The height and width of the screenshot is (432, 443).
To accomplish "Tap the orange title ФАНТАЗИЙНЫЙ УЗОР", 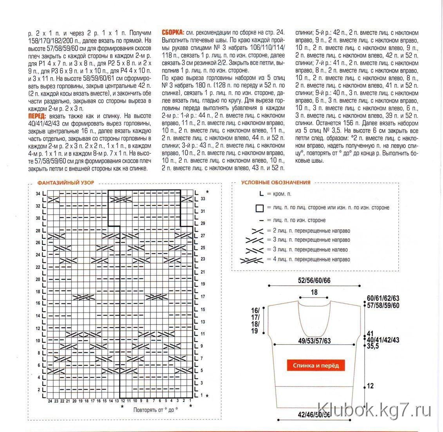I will point(65,183).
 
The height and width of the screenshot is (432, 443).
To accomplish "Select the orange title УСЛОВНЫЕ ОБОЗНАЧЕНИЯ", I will point(276,182).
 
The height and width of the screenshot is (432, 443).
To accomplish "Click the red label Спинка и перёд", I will point(316,366).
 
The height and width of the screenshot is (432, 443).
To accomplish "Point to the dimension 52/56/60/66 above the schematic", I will point(314,281).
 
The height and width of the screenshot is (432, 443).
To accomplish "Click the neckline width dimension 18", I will point(314,292).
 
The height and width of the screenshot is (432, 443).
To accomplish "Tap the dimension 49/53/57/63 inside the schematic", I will point(314,341).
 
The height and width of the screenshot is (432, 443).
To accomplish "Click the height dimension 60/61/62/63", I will point(383,298).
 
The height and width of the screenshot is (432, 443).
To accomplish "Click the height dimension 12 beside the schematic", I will point(370,386).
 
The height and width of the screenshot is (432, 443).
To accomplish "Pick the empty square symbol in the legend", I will point(259,208).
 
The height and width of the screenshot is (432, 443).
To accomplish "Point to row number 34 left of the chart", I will point(38,194).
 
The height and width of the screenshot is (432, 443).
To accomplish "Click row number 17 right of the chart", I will point(203,297).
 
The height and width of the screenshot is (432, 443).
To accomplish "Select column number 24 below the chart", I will point(50,401).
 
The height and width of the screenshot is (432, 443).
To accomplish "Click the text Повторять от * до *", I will point(156,410).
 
